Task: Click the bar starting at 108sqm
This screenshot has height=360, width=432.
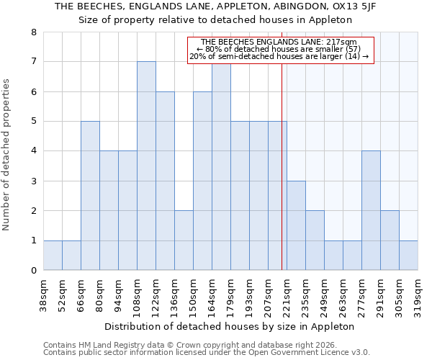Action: coord(146,166)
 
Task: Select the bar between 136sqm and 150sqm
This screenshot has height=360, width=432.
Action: coord(184,240)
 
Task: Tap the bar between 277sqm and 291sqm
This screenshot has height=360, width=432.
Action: coord(371,210)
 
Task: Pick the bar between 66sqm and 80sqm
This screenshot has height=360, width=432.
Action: coord(90,196)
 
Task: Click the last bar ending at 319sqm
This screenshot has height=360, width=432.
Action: coord(408,256)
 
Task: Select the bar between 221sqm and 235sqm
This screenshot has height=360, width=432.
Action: coord(296,225)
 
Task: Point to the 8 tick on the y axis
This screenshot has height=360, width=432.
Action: coord(33,32)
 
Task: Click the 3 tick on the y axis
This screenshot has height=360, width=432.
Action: coord(33,181)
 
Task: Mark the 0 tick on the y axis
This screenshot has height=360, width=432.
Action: coord(33,271)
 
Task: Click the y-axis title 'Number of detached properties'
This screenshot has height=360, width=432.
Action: coord(9,156)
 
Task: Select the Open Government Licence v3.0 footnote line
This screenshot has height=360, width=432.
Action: coord(207,353)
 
